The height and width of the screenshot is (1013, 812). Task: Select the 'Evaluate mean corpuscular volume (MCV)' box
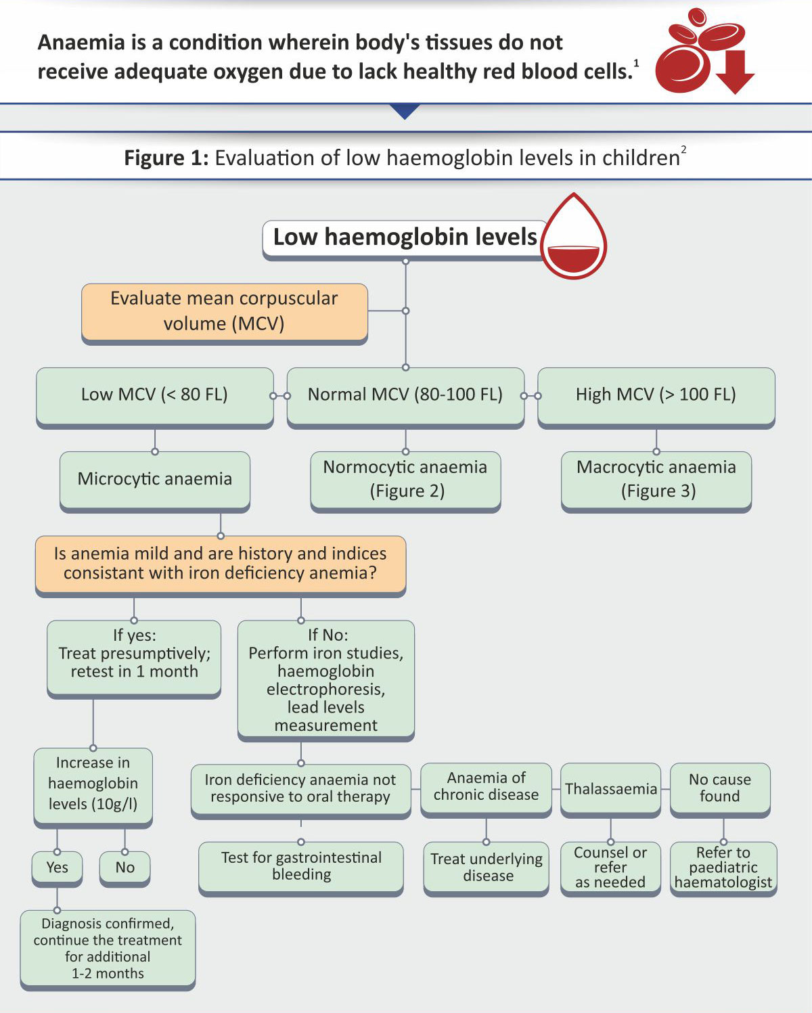[x=225, y=313]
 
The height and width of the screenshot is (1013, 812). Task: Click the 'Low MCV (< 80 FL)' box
[x=155, y=397]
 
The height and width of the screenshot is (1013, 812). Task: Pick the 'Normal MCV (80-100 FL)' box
[x=405, y=397]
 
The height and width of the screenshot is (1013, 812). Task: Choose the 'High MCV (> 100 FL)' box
[x=656, y=397]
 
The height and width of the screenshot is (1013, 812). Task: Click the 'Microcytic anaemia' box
[x=155, y=481]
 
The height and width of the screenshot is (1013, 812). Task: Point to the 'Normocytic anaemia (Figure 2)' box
[x=405, y=481]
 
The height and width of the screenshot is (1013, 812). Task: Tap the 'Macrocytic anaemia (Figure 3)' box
[x=656, y=481]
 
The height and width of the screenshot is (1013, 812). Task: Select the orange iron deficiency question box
[x=221, y=566]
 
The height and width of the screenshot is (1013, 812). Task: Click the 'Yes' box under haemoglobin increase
[x=57, y=869]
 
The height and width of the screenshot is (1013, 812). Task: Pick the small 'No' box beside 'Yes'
[x=125, y=869]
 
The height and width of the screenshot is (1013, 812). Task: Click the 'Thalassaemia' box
[x=610, y=790]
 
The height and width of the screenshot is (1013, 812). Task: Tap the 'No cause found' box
[x=720, y=790]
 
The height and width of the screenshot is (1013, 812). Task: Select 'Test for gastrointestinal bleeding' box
[x=301, y=868]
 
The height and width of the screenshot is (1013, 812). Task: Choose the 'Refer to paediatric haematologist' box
[x=723, y=869]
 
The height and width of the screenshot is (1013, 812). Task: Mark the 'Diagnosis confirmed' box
[x=108, y=950]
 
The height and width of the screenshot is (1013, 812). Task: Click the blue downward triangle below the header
[x=405, y=111]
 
